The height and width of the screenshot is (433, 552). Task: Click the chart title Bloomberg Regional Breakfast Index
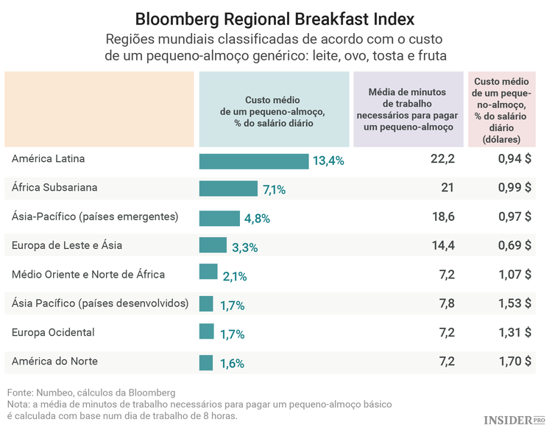click(275, 18)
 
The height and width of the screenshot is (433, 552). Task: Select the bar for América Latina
click(253, 161)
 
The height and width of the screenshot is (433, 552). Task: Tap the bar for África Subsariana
click(228, 189)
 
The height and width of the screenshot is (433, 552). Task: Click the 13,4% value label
click(328, 161)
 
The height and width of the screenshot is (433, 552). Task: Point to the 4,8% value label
click(257, 219)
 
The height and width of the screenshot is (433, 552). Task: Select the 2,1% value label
click(233, 277)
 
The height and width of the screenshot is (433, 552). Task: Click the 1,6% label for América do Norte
click(231, 363)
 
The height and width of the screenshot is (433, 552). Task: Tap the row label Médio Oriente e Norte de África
click(88, 275)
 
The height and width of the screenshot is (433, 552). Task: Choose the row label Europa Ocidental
click(53, 332)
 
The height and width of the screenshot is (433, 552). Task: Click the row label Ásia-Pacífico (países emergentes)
click(95, 216)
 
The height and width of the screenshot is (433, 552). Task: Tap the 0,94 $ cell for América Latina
click(512, 159)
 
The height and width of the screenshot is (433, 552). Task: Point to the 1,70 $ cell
click(512, 361)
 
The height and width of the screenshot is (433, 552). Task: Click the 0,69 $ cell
click(512, 245)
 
